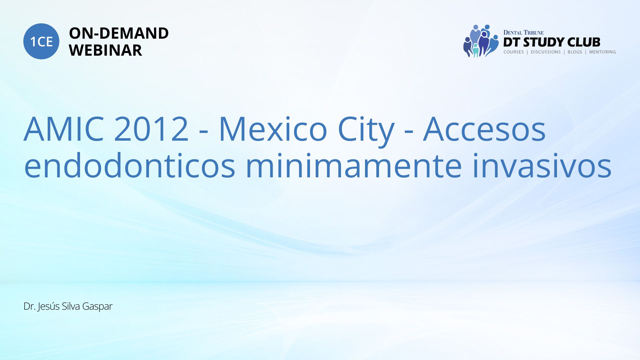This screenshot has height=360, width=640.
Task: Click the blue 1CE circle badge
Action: click(41, 41)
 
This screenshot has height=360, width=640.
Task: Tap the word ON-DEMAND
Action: click(119, 33)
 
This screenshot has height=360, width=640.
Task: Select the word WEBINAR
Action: click(105, 50)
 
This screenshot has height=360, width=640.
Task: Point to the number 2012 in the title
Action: click(151, 129)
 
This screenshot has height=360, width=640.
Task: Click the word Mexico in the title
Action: click(273, 129)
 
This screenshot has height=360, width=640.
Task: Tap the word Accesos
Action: click(484, 129)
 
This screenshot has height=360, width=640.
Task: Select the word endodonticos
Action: click(130, 165)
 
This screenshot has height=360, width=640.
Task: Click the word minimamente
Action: click(354, 165)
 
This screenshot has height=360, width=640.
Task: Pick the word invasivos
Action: click(542, 165)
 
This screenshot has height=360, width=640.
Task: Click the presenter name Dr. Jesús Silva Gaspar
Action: click(68, 306)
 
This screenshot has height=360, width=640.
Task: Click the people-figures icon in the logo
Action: click(481, 41)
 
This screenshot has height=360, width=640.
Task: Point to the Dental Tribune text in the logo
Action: click(523, 32)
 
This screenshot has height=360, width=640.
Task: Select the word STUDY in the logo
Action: click(544, 42)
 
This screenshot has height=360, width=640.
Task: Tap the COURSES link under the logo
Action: click(514, 52)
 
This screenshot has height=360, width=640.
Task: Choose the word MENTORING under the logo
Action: click(602, 52)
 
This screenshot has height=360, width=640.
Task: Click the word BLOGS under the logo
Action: click(575, 52)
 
